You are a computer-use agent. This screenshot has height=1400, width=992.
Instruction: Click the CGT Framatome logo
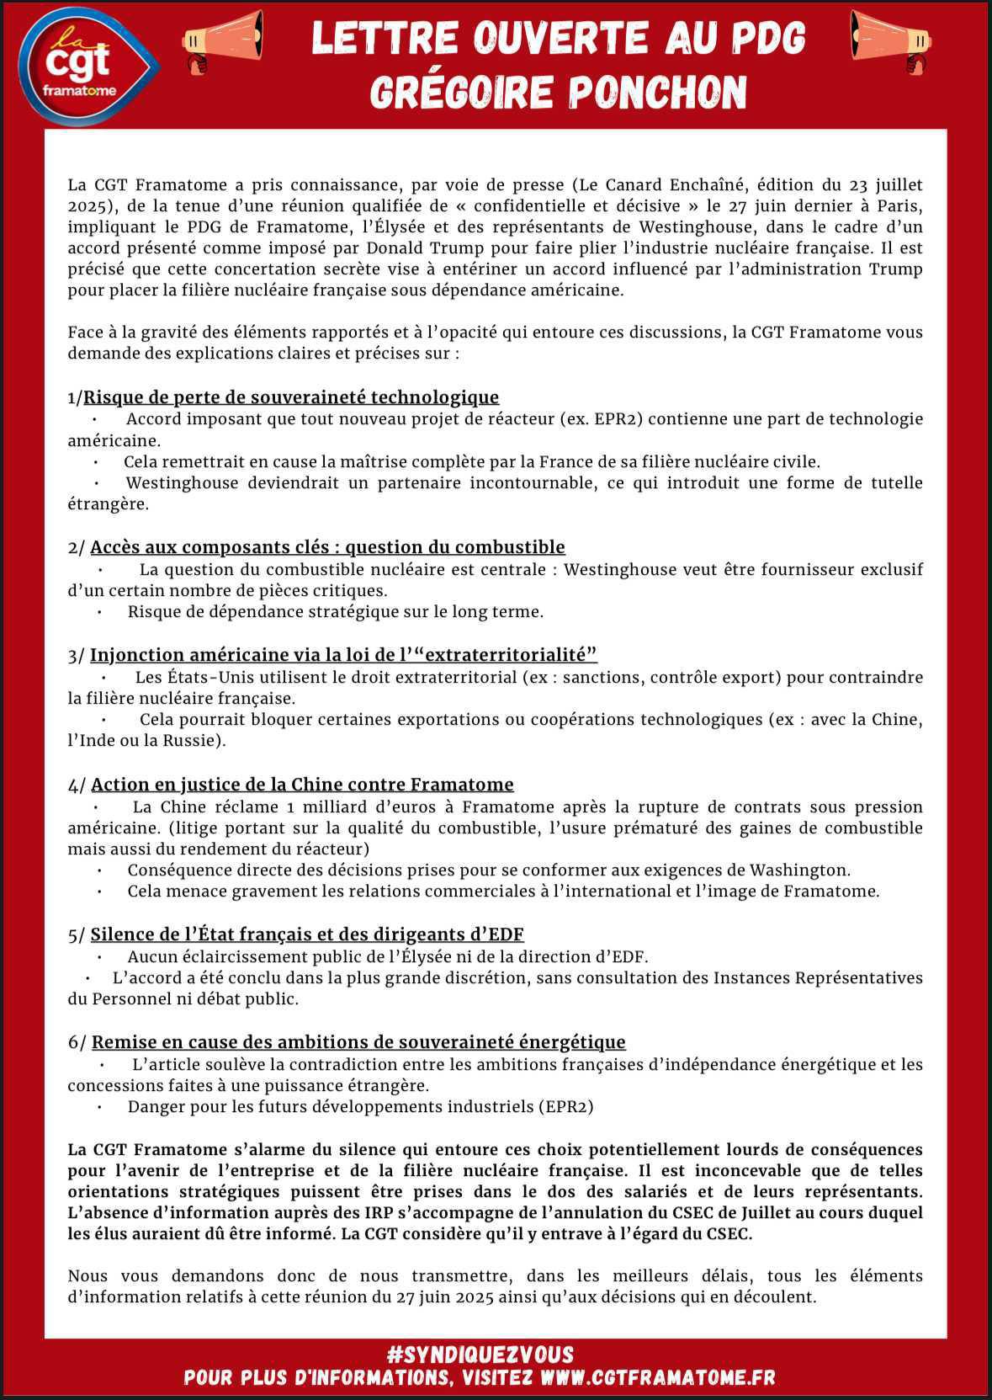point(88,65)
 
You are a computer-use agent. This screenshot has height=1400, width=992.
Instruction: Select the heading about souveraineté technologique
point(291,397)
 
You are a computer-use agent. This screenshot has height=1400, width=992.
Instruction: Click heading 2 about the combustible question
point(327,547)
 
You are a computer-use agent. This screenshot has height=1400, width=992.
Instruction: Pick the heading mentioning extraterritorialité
point(343,655)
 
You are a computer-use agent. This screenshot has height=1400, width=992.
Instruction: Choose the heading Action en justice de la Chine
point(302,785)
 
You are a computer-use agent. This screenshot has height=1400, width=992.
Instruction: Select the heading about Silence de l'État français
point(307,934)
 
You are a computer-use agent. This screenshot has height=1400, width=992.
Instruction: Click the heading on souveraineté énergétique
point(358,1042)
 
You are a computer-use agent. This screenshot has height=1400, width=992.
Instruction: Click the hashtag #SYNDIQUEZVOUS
point(480,1355)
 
